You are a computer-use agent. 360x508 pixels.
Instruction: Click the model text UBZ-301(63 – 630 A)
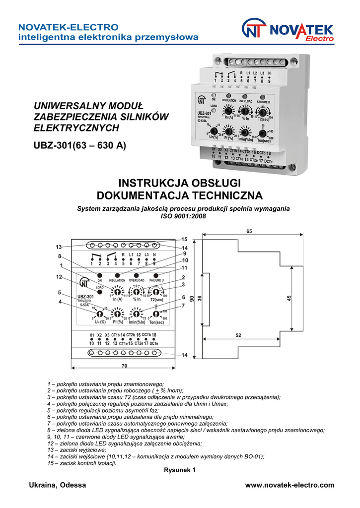click(x=79, y=145)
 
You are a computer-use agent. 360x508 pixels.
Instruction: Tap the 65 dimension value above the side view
click(x=249, y=232)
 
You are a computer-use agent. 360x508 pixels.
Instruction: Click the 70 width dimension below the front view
click(x=124, y=366)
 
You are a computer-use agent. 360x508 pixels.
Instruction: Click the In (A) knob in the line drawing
click(x=118, y=292)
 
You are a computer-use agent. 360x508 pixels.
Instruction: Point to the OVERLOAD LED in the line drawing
click(x=137, y=275)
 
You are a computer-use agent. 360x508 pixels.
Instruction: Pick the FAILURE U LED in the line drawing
click(x=156, y=275)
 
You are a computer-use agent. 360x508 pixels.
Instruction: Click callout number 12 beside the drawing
click(x=59, y=276)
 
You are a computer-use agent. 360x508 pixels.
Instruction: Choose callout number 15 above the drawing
click(x=184, y=239)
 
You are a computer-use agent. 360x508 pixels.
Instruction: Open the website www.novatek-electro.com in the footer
click(x=290, y=485)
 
